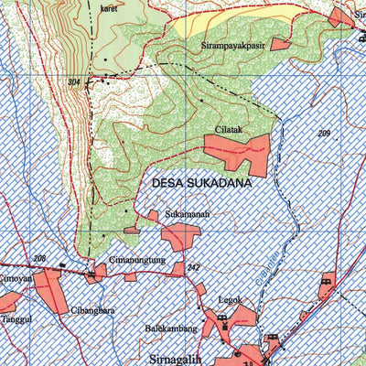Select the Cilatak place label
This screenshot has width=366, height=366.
click(230, 130)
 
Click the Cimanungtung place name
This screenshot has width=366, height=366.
click(137, 260)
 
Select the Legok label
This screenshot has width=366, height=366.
click(230, 299)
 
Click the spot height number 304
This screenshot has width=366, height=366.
click(74, 82)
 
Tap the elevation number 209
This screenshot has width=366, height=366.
click(324, 135)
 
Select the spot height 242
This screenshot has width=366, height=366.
click(193, 267)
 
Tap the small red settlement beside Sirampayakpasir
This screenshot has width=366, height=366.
click(279, 44)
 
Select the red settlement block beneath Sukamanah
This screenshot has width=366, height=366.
click(178, 235)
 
